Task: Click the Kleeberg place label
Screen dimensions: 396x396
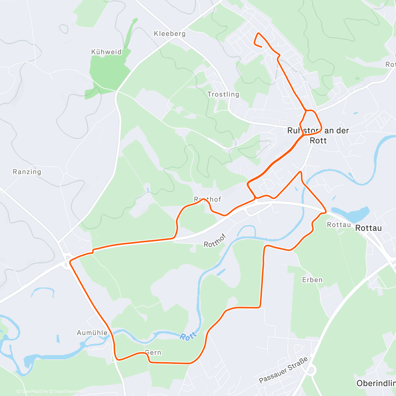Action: [170, 34]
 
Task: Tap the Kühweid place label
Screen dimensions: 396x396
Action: [106, 52]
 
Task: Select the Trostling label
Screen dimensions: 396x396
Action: [223, 94]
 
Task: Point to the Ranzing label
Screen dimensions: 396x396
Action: [27, 172]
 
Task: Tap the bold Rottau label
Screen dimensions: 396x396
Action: [368, 228]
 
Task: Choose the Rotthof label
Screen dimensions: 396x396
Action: [215, 240]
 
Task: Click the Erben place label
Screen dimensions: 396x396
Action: [312, 280]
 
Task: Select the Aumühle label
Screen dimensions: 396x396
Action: [92, 333]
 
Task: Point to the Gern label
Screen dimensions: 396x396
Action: [153, 352]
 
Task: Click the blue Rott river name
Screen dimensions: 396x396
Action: [188, 336]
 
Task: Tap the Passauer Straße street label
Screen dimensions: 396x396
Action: [284, 370]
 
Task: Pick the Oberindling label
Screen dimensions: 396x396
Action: [376, 383]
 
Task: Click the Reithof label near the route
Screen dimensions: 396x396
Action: [208, 199]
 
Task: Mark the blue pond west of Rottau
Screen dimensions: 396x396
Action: [351, 214]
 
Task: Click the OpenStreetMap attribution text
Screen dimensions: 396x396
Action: [69, 392]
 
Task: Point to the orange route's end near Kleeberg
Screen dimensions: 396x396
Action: [262, 47]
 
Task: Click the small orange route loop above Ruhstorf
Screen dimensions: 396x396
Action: [311, 121]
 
